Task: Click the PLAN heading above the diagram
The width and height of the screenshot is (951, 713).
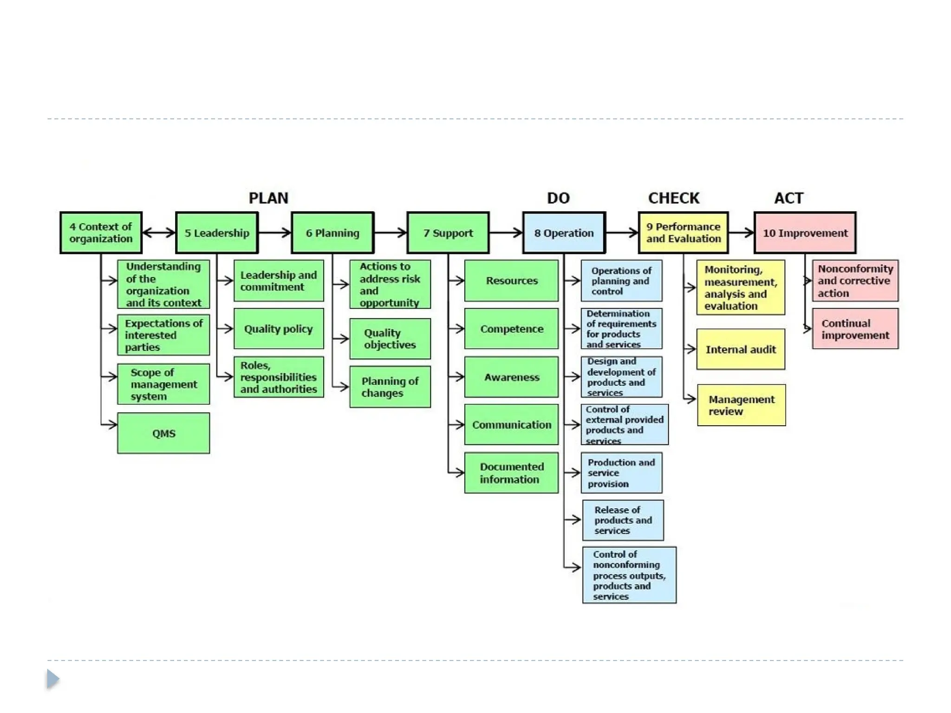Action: pyautogui.click(x=268, y=198)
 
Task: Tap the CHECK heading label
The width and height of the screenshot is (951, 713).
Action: pyautogui.click(x=673, y=198)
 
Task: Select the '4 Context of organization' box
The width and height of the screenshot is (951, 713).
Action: pyautogui.click(x=101, y=233)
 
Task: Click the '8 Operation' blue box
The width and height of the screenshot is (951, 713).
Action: pyautogui.click(x=564, y=233)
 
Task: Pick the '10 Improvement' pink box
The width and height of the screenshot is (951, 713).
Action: pyautogui.click(x=805, y=233)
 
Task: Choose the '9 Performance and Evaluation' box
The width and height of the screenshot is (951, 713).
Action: pyautogui.click(x=683, y=233)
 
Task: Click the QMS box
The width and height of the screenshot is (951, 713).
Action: pyautogui.click(x=163, y=433)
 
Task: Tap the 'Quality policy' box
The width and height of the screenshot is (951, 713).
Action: pyautogui.click(x=279, y=329)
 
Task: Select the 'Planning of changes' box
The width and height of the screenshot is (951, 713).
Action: pyautogui.click(x=390, y=387)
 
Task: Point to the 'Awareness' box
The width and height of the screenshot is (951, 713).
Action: pyautogui.click(x=511, y=377)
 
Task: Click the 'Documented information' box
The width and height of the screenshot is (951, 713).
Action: pyautogui.click(x=511, y=473)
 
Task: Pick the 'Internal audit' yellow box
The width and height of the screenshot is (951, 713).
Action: pyautogui.click(x=741, y=349)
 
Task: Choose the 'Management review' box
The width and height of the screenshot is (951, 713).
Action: pyautogui.click(x=741, y=405)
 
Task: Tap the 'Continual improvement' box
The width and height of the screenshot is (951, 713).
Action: pyautogui.click(x=855, y=329)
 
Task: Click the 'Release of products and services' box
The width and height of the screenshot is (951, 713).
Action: pyautogui.click(x=623, y=520)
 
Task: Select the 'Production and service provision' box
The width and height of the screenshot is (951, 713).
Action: pyautogui.click(x=621, y=473)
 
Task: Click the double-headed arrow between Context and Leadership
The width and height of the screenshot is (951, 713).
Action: pyautogui.click(x=159, y=233)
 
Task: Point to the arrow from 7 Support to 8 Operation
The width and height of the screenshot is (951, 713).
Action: pyautogui.click(x=506, y=233)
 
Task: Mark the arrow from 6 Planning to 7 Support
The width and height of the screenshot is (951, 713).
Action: pyautogui.click(x=390, y=233)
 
